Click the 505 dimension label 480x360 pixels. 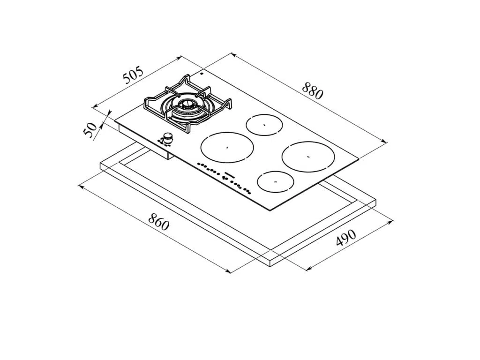(133, 75)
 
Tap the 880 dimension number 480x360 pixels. (313, 90)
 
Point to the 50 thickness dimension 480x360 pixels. (90, 130)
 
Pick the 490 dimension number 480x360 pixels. (346, 237)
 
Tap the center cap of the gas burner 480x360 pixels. (186, 105)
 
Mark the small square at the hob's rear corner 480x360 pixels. (202, 74)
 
